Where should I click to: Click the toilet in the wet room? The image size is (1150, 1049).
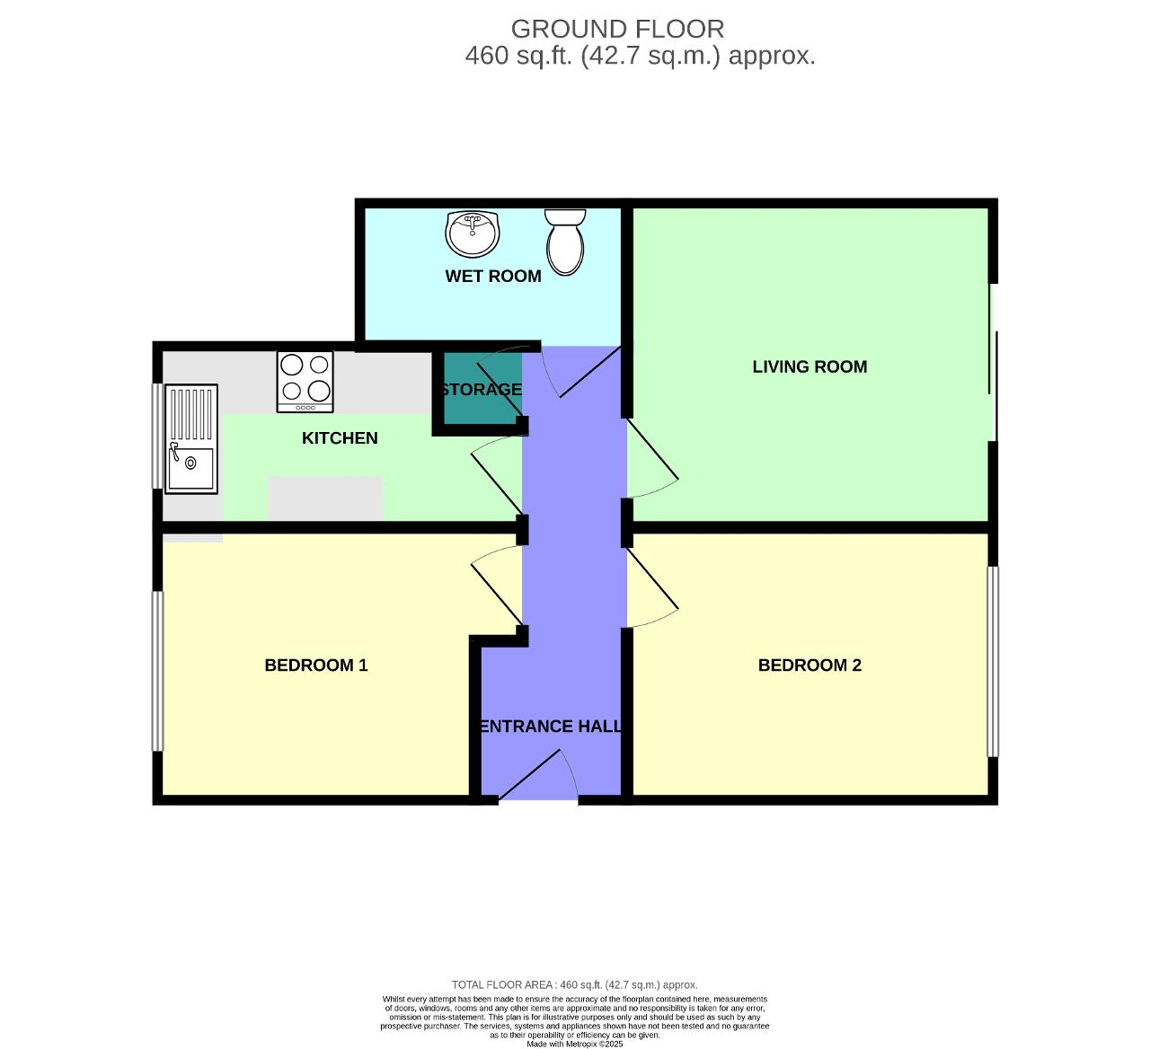click(565, 242)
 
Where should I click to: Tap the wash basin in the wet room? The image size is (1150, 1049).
click(472, 234)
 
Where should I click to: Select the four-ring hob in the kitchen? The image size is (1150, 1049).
click(305, 381)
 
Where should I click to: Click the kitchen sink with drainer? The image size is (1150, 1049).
click(191, 439)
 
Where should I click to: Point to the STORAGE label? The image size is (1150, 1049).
click(482, 390)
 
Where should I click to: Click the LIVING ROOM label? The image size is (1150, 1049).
click(809, 366)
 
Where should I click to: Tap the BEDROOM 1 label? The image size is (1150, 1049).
click(316, 666)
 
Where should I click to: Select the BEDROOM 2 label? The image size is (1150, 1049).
click(809, 666)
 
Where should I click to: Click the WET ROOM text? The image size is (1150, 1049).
click(493, 277)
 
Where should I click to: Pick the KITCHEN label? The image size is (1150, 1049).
click(340, 438)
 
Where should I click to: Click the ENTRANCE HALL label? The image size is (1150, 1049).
click(550, 727)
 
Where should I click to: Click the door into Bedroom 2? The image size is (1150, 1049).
click(651, 588)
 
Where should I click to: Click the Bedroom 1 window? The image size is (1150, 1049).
click(158, 670)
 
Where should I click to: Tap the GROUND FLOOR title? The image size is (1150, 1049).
click(617, 29)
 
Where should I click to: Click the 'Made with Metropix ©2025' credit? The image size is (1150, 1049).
click(575, 1044)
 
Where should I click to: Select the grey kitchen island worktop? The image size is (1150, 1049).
click(325, 498)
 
